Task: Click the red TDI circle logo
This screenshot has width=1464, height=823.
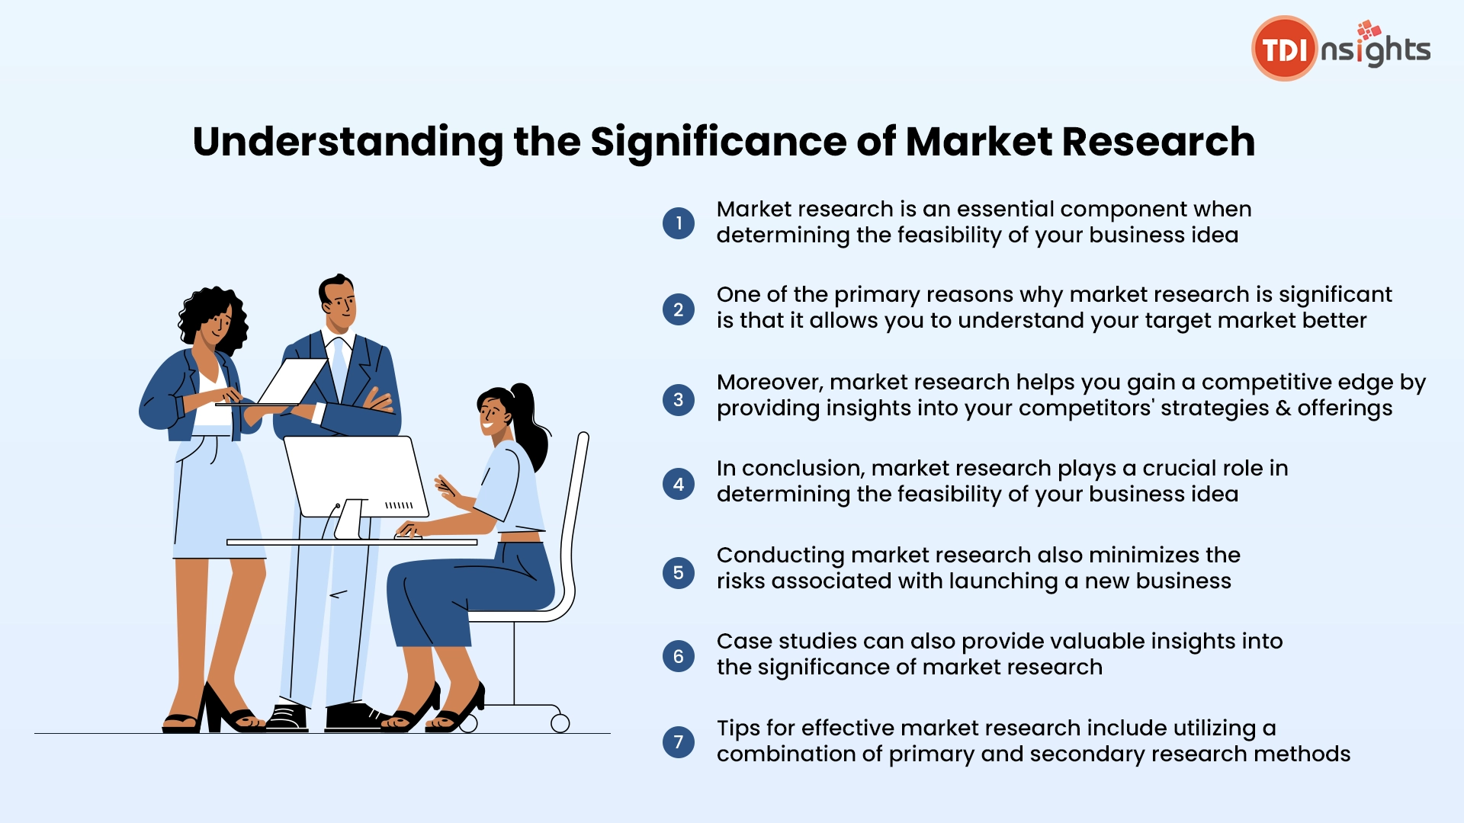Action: click(1284, 49)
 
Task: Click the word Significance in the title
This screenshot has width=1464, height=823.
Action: click(718, 143)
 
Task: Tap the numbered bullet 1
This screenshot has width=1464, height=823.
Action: click(679, 223)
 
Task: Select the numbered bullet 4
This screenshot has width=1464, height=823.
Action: click(679, 484)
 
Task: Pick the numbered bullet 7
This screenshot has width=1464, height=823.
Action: click(679, 741)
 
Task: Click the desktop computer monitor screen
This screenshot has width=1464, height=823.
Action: click(355, 476)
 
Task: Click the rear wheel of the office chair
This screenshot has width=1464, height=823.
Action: click(560, 723)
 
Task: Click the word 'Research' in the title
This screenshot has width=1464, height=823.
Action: click(1158, 143)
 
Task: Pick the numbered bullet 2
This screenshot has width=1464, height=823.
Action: click(679, 310)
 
